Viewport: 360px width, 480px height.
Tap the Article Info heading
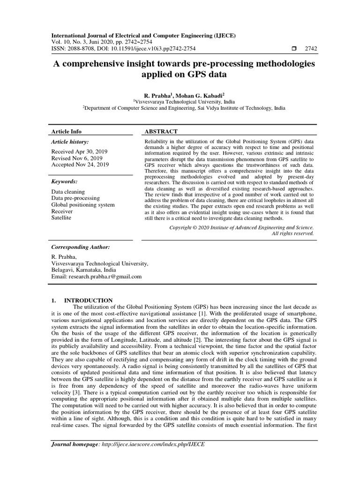(x=66, y=132)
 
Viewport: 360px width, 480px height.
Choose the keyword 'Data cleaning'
(x=68, y=192)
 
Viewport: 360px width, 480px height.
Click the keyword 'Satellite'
(x=61, y=218)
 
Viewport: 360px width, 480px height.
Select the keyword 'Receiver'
(x=62, y=211)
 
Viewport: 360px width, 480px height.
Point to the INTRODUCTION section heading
(x=88, y=300)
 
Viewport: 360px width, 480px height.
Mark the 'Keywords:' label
(x=64, y=181)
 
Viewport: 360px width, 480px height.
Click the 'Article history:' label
(x=69, y=142)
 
